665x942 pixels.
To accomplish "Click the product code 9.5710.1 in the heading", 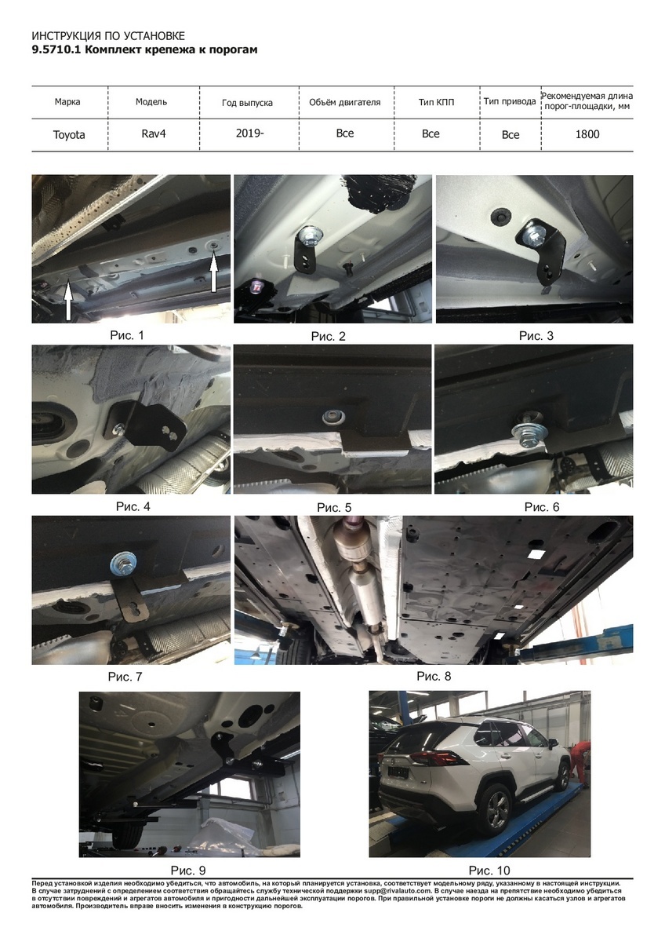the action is pyautogui.click(x=56, y=49).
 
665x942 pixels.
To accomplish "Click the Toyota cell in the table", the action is pyautogui.click(x=69, y=134).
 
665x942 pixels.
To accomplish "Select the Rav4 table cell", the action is pyautogui.click(x=154, y=133).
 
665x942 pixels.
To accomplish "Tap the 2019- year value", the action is pyautogui.click(x=249, y=133).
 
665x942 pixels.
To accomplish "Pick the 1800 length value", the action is pyautogui.click(x=587, y=134).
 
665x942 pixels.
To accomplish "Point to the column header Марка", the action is pyautogui.click(x=67, y=102).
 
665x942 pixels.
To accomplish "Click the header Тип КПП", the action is pyautogui.click(x=436, y=102).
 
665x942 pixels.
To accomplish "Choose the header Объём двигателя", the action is pyautogui.click(x=344, y=102).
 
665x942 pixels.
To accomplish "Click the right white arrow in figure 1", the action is pyautogui.click(x=213, y=270).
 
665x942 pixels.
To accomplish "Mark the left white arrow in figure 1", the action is pyautogui.click(x=68, y=301).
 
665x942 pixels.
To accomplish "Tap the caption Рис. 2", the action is pyautogui.click(x=328, y=337).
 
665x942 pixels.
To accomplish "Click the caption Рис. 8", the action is pyautogui.click(x=434, y=676).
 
